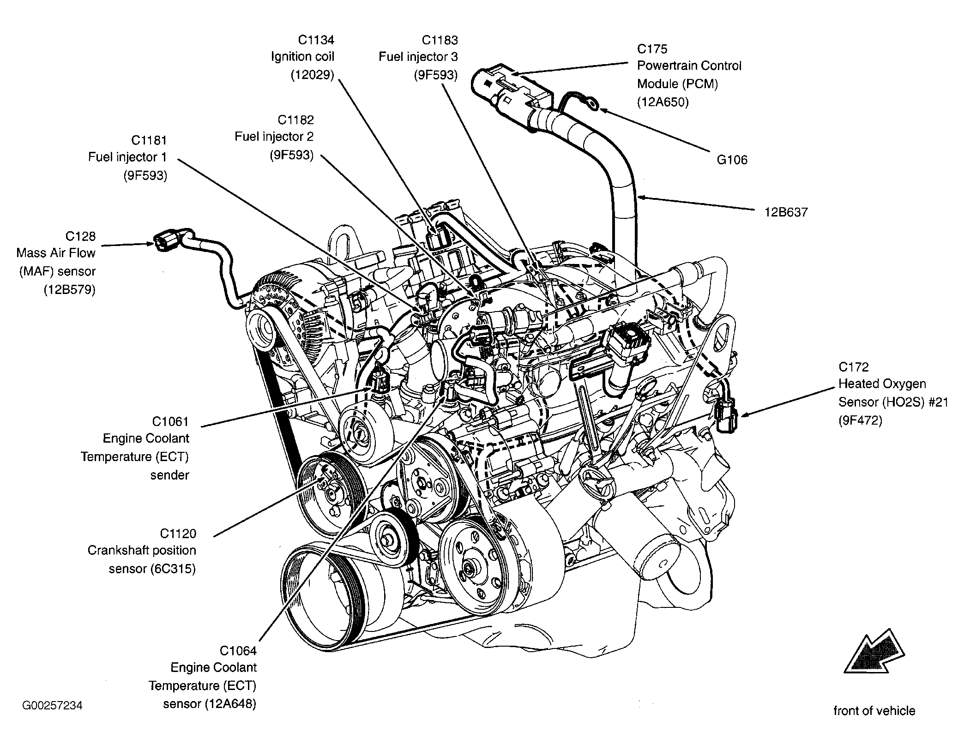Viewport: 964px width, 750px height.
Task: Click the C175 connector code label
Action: point(652,49)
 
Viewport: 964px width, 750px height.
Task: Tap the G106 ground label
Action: point(732,160)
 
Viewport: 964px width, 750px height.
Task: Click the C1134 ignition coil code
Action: point(315,40)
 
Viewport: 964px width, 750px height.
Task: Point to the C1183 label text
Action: point(440,40)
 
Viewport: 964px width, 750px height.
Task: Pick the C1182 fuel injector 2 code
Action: point(295,120)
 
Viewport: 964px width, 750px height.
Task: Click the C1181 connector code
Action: point(149,140)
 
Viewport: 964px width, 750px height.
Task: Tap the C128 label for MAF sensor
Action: point(80,236)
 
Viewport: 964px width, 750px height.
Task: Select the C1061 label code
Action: point(170,421)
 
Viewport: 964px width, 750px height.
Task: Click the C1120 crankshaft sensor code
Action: point(178,534)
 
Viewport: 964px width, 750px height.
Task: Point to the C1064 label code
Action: point(238,651)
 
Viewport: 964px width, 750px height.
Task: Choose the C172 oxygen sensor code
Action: point(854,367)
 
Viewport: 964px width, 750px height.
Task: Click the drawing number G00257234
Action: point(52,706)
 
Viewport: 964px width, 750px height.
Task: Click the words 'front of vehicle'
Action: point(874,711)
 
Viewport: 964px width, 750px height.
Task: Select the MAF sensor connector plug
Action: point(166,240)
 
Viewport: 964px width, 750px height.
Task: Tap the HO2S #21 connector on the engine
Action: point(725,416)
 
